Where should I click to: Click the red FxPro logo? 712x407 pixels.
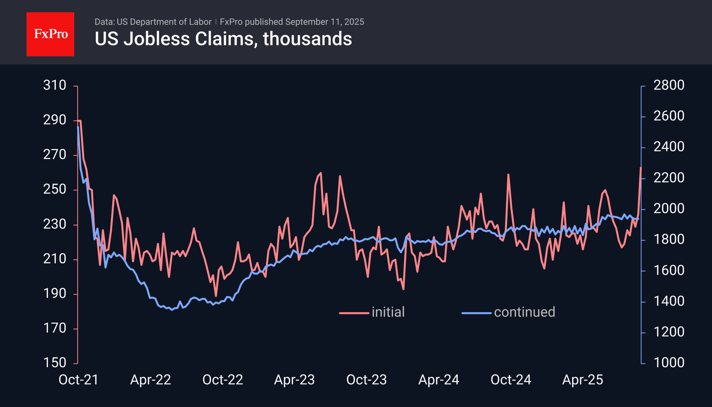(x=50, y=34)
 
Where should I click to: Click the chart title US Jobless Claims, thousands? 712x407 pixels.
(x=223, y=39)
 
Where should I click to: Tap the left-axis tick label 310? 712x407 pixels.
(x=54, y=85)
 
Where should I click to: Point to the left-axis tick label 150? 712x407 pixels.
(x=54, y=363)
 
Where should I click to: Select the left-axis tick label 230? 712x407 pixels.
(x=54, y=224)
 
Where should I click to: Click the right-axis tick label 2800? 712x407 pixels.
(x=669, y=85)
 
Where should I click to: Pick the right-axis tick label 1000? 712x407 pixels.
(x=669, y=363)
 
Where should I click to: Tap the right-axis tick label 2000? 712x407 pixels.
(x=669, y=208)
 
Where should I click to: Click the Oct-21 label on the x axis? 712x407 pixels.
(x=78, y=380)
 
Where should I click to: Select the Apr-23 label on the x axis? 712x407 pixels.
(x=294, y=380)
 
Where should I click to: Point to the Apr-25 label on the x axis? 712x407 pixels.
(x=583, y=380)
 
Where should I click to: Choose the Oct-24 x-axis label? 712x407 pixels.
(x=511, y=380)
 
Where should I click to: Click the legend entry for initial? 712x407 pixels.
(x=388, y=312)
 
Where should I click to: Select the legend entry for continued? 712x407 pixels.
(x=524, y=312)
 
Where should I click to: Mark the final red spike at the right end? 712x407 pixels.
(x=641, y=168)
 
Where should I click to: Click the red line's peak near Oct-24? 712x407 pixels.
(x=508, y=175)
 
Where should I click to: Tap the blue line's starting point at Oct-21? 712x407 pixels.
(x=78, y=127)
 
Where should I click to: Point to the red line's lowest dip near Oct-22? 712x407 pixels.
(x=216, y=296)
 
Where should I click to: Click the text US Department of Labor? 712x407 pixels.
(x=164, y=22)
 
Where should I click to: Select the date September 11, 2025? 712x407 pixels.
(x=325, y=22)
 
